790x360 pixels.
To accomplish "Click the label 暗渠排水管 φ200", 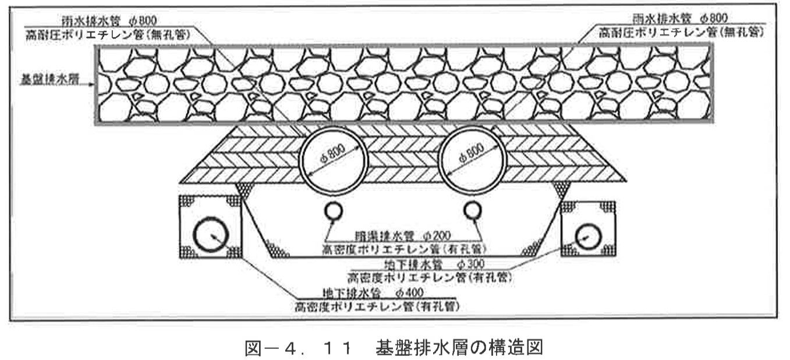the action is (x=403, y=237).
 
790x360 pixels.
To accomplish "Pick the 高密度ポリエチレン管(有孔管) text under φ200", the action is (x=403, y=249).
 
